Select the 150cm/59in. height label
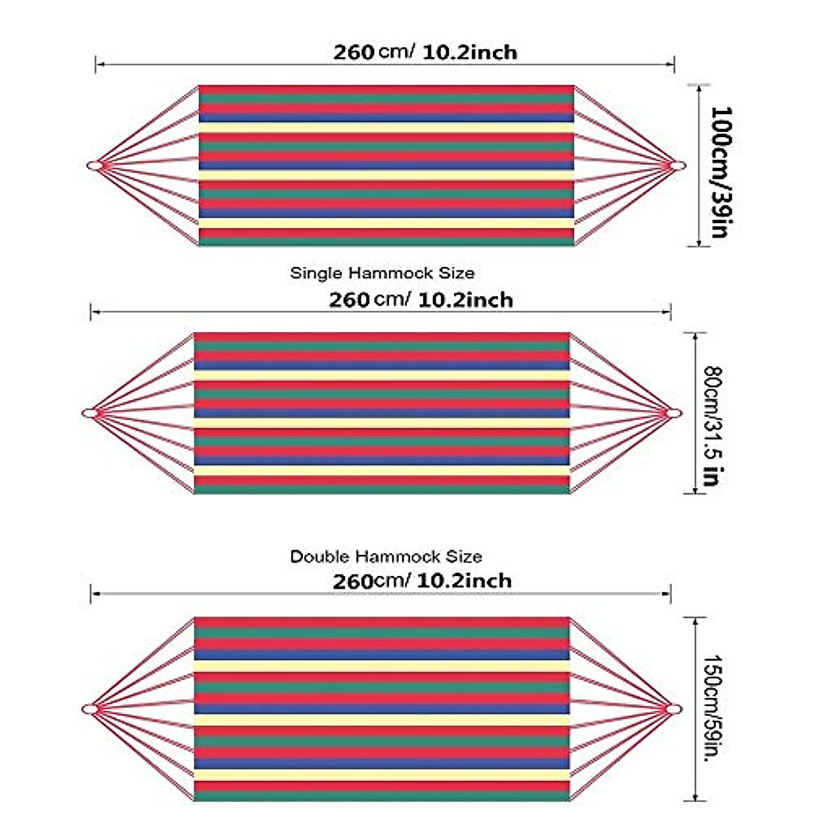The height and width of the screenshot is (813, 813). point(711,708)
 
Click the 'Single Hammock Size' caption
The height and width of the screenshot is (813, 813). point(382,273)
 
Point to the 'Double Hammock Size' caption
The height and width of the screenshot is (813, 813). point(385,557)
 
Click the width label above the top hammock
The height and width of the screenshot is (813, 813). point(425,52)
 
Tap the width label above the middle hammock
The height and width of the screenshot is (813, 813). point(421,299)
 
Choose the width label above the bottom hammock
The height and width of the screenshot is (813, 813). point(422,581)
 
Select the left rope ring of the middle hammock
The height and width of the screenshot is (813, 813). point(89,413)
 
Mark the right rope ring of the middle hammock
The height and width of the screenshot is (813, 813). point(674,413)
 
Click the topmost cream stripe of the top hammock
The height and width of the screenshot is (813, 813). point(386,127)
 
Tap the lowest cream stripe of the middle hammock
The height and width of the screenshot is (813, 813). point(381,470)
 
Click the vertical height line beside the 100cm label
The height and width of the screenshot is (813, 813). point(699,165)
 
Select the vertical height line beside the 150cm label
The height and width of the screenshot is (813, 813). point(695,709)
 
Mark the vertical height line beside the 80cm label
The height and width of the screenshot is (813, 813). point(695,413)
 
